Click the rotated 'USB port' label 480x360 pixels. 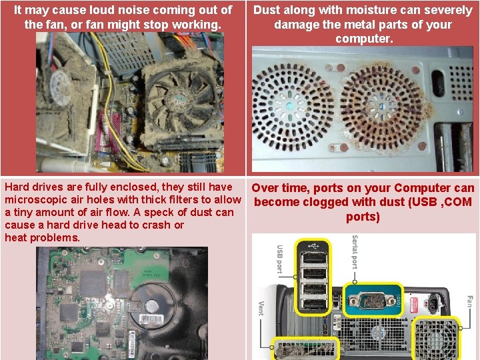coord(279,259)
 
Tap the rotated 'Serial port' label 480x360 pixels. coord(355,252)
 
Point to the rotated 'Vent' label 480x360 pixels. coord(261,308)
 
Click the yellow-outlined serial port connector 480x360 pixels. coord(373,301)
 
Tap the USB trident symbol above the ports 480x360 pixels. coord(313,245)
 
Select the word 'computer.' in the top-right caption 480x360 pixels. coord(364,39)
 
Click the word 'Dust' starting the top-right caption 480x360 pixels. coord(265,10)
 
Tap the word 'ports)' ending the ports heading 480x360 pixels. coord(363,217)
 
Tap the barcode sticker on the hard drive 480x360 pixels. coord(151,319)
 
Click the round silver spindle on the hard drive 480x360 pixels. coord(151,306)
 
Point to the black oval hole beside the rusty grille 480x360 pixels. coord(438,83)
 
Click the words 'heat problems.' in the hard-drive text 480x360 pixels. coord(42,237)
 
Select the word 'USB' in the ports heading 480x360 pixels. coord(424,202)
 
